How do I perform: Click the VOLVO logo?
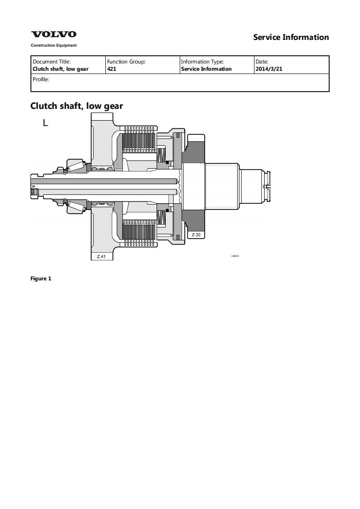pos(54,34)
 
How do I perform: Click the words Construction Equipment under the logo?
pos(54,45)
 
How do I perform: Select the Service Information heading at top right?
pos(291,37)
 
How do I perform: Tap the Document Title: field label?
pos(52,62)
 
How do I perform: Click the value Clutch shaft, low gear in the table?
pos(60,69)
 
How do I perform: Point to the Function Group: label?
pos(126,62)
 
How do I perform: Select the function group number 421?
pos(112,69)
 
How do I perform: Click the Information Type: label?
pos(202,62)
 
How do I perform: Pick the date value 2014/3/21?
pos(269,69)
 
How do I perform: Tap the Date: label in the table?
pos(262,62)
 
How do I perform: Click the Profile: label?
pos(41,79)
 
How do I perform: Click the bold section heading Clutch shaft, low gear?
pos(77,106)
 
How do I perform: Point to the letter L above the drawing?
pos(45,122)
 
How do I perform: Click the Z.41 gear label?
pos(101,256)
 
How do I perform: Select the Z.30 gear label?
pos(196,235)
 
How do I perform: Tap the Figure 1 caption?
pos(41,279)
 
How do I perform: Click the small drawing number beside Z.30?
pos(235,256)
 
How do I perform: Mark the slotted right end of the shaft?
pos(268,186)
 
